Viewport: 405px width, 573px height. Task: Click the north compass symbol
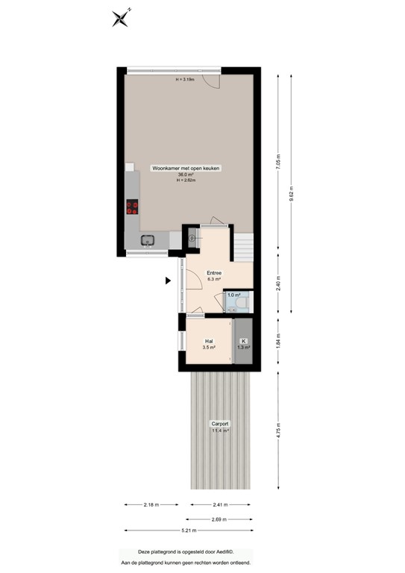click(x=121, y=17)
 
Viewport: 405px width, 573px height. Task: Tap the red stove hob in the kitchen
click(x=133, y=207)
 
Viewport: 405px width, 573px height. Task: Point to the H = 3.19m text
click(x=185, y=79)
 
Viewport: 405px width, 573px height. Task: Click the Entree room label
click(x=214, y=274)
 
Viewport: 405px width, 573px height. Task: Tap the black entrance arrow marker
click(x=169, y=281)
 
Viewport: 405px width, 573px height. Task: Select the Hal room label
click(x=210, y=342)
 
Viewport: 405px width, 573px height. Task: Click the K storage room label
click(x=243, y=342)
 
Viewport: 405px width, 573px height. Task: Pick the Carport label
click(x=220, y=424)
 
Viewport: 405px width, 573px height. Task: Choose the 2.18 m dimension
click(x=152, y=504)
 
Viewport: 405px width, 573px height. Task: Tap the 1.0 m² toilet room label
click(x=233, y=295)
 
